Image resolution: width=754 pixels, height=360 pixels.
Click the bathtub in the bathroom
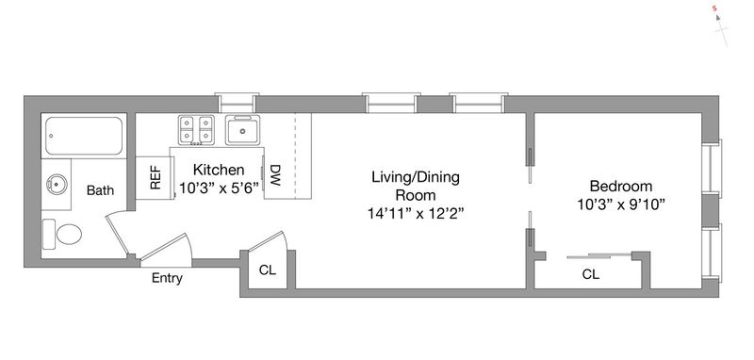pos(84,136)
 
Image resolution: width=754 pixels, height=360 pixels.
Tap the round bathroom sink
pos(57,184)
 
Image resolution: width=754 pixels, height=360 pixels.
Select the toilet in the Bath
pos(62,234)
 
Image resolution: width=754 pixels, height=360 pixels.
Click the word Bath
pos(101,190)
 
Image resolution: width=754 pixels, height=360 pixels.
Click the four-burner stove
pos(196,130)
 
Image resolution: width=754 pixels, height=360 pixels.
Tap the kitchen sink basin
pos(243,130)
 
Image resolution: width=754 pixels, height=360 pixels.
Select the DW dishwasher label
pos(275,176)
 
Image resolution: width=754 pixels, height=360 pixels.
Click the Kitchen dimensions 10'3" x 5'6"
pos(219,187)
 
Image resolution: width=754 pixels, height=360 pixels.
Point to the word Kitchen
pos(219,170)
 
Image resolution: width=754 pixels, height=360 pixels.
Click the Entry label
pos(167,278)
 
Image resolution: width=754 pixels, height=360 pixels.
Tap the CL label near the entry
pos(268,270)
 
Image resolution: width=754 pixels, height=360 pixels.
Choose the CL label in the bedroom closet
pos(591,274)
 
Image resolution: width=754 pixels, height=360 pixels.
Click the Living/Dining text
pos(416,177)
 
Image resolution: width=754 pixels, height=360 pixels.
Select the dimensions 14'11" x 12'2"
pos(416,213)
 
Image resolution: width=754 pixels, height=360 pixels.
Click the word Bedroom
pos(621,186)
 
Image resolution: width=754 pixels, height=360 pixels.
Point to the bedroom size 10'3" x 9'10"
pos(621,205)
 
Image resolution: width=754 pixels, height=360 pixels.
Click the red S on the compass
pos(715,8)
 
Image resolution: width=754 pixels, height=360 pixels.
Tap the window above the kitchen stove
pos(237,103)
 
